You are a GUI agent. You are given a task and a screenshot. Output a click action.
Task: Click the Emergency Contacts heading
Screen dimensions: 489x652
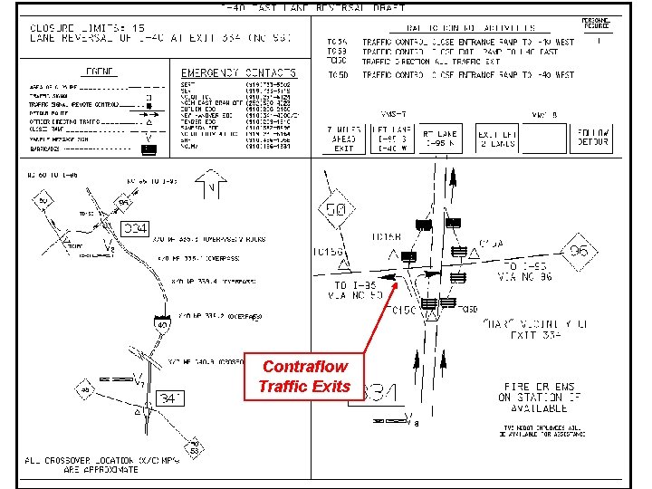(238, 72)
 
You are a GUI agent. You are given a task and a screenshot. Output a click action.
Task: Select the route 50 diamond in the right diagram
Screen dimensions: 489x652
(337, 211)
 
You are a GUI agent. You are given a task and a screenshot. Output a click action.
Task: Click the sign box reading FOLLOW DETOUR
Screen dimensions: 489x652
(594, 139)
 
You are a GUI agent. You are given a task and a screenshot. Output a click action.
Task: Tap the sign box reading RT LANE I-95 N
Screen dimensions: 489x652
(441, 139)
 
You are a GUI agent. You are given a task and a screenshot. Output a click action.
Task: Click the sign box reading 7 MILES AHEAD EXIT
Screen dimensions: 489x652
(343, 139)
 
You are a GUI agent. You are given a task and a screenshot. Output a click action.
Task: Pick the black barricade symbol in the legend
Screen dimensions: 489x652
(149, 149)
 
